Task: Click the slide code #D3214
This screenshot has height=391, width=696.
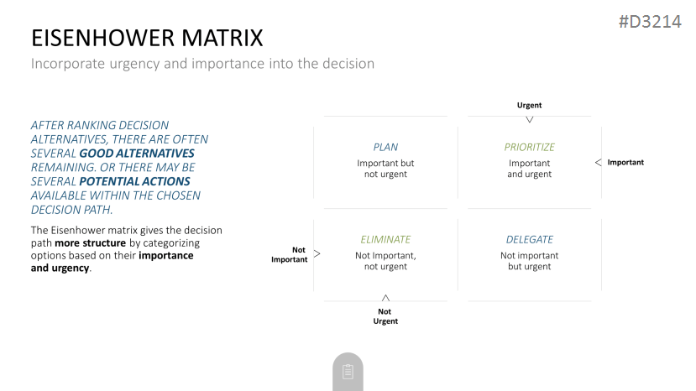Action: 650,22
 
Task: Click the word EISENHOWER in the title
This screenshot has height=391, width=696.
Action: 103,38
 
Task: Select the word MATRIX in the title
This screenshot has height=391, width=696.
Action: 222,38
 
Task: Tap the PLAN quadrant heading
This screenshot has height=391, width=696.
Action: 385,147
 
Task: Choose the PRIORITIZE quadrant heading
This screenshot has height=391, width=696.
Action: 529,147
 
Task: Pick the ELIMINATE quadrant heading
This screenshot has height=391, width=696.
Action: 385,240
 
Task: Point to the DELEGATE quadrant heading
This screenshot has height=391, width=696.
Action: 529,240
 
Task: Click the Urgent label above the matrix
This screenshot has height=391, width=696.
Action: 529,105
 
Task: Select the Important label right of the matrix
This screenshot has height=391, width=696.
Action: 625,163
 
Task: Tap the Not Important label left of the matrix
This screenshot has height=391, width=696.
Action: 290,255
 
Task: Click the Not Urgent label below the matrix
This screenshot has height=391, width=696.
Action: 385,316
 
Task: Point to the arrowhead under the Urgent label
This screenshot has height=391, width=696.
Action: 529,119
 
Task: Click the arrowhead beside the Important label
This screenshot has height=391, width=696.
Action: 598,163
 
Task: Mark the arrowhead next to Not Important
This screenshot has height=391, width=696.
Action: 317,254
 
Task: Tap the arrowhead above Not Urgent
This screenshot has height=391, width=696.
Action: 385,297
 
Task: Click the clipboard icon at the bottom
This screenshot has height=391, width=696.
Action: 348,372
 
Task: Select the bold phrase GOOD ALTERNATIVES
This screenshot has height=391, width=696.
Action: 137,154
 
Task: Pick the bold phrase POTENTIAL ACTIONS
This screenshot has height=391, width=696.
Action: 134,181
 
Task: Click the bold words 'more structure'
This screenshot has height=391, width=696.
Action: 90,243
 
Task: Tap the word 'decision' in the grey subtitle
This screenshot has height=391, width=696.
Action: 348,64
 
